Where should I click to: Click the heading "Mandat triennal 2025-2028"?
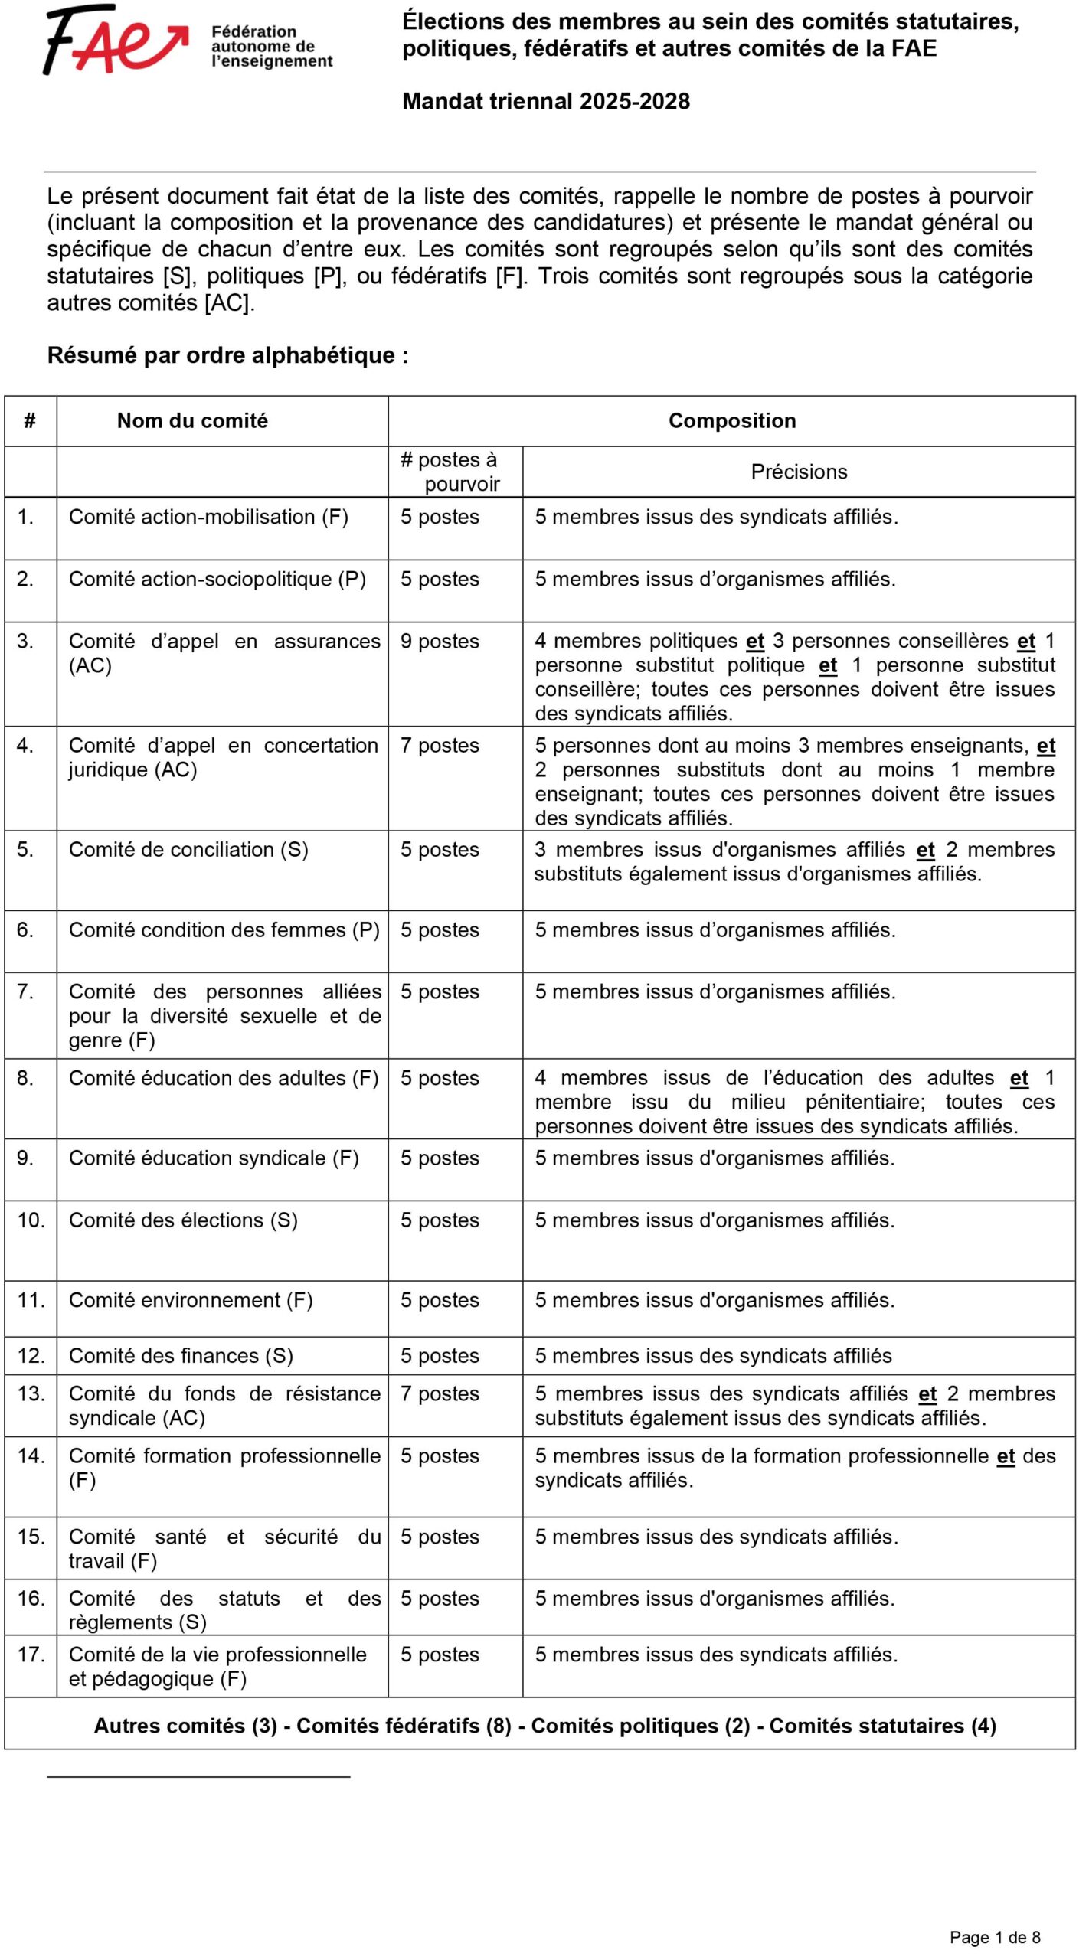click(x=546, y=101)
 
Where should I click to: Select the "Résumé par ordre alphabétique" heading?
click(x=227, y=355)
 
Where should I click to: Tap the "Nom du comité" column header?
click(x=192, y=420)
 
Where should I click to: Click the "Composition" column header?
click(x=731, y=420)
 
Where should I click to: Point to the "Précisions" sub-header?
click(x=799, y=472)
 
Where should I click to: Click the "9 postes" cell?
click(x=440, y=642)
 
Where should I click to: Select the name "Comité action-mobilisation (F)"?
click(x=208, y=517)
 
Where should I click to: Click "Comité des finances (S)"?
click(x=181, y=1356)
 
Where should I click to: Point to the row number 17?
click(x=31, y=1655)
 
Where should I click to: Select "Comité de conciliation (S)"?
click(x=188, y=850)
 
